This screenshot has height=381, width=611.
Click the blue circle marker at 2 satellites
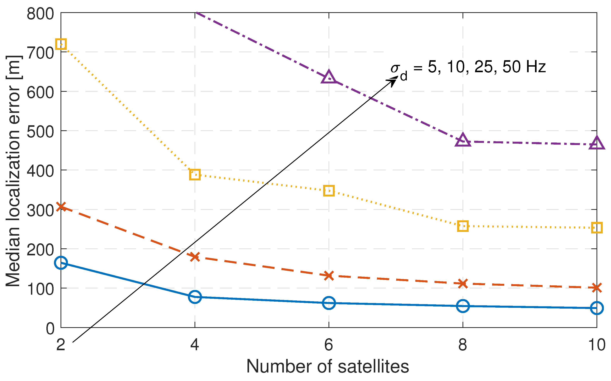[61, 263]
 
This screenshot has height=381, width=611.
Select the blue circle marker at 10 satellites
[596, 308]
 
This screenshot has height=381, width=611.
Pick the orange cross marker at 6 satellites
[329, 275]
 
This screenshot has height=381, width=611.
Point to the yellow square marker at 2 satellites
[61, 44]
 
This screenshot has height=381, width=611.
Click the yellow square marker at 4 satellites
[195, 175]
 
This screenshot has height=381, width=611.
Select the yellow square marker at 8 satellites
[463, 226]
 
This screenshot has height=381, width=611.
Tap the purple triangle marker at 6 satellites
[329, 78]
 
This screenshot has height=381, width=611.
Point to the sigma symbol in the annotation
[395, 68]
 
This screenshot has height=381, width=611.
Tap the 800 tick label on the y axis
[40, 14]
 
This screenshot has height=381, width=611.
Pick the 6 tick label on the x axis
[329, 345]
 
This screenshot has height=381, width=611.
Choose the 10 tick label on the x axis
[597, 345]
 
